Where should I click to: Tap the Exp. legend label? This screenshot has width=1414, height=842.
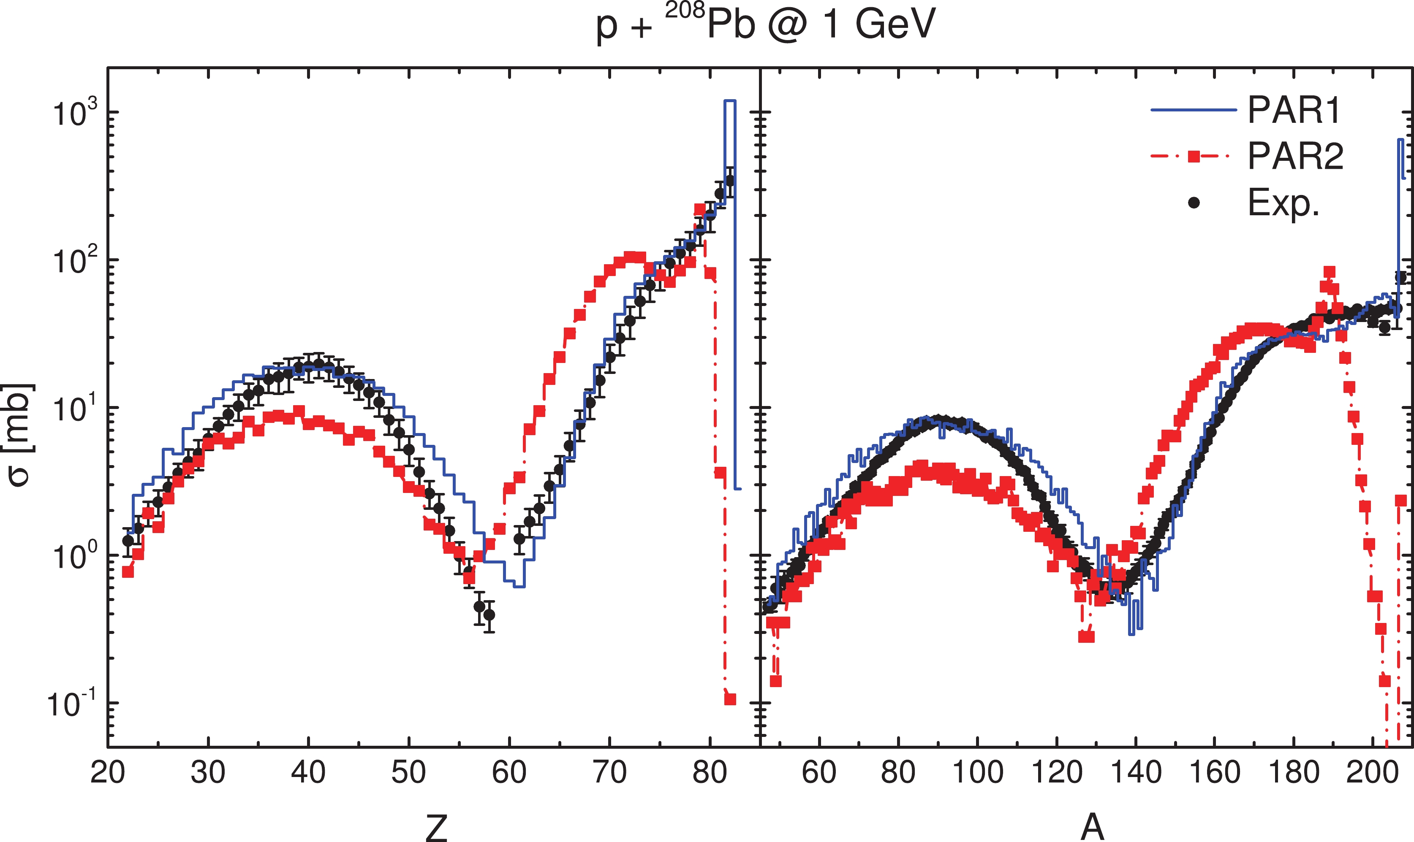click(1283, 203)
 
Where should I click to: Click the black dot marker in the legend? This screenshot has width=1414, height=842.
click(1194, 203)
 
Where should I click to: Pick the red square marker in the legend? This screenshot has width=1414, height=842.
click(1194, 156)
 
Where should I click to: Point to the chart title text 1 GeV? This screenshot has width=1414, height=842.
click(879, 25)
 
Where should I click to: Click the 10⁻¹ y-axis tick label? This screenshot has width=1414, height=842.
click(71, 704)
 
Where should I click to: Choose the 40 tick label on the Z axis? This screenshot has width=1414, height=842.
click(308, 773)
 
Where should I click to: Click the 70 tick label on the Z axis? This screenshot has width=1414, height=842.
click(609, 773)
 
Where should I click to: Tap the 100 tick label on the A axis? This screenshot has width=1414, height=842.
click(977, 773)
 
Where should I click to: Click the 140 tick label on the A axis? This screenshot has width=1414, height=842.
click(1135, 773)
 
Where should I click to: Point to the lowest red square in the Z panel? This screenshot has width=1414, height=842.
click(730, 699)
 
